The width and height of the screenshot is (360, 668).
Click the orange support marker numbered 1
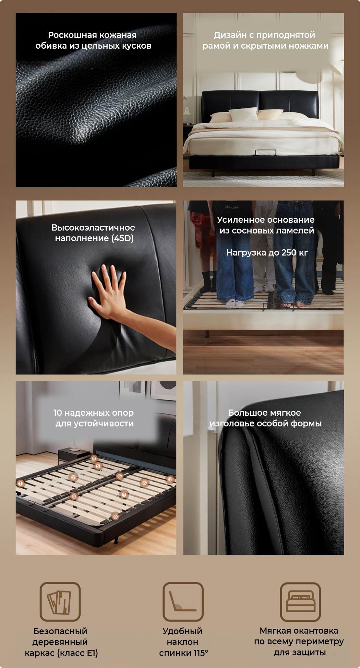(21, 483)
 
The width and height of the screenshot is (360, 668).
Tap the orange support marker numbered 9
(115, 517)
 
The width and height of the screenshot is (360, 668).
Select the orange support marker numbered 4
(74, 496)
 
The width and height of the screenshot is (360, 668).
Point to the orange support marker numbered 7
(124, 495)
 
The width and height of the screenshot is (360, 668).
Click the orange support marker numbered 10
(170, 479)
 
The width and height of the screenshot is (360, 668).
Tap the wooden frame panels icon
(60, 602)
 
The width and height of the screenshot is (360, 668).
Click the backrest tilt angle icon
(183, 602)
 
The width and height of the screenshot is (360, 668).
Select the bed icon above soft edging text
(300, 602)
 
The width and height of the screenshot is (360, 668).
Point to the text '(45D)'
(123, 238)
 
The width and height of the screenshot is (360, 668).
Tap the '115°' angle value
(201, 653)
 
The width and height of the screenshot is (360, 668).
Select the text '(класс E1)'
(78, 653)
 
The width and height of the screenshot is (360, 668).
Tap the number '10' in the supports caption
(57, 412)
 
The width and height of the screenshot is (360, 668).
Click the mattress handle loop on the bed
(265, 152)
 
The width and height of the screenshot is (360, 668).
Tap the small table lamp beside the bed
(187, 113)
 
